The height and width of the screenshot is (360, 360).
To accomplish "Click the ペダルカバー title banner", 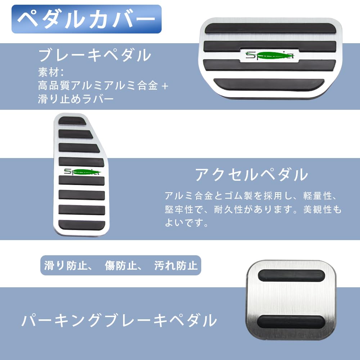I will click(x=86, y=19).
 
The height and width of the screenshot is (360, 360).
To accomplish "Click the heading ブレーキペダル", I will click(x=94, y=55).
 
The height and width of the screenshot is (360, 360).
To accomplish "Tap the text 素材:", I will click(x=51, y=72).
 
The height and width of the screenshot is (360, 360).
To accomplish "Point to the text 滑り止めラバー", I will click(x=76, y=99).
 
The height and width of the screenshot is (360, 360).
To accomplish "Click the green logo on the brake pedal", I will click(x=269, y=55).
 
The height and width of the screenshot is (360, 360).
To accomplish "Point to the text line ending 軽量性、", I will click(x=251, y=196).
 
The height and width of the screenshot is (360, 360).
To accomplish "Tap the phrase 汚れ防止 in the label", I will click(x=176, y=266).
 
